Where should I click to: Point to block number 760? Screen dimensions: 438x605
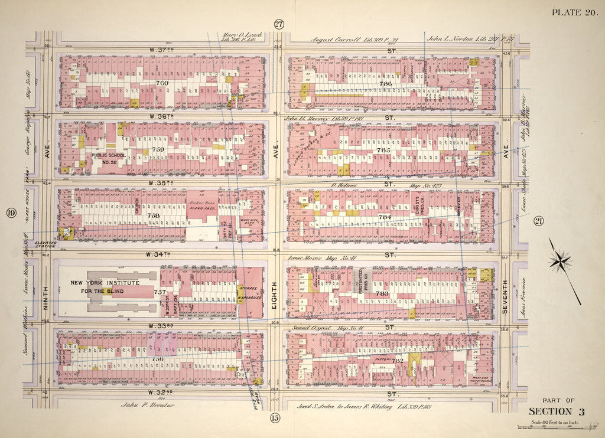[x=161, y=83]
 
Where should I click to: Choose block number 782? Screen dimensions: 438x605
[x=398, y=360]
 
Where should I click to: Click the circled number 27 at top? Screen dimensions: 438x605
[x=279, y=24]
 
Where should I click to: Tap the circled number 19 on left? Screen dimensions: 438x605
[x=11, y=213]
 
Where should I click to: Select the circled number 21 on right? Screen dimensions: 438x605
[x=538, y=221]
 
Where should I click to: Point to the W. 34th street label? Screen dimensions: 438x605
[x=155, y=254]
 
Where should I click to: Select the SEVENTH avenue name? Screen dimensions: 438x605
[x=505, y=290]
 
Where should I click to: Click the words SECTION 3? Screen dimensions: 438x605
[x=556, y=411]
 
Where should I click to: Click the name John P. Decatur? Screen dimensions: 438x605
[x=145, y=405]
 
